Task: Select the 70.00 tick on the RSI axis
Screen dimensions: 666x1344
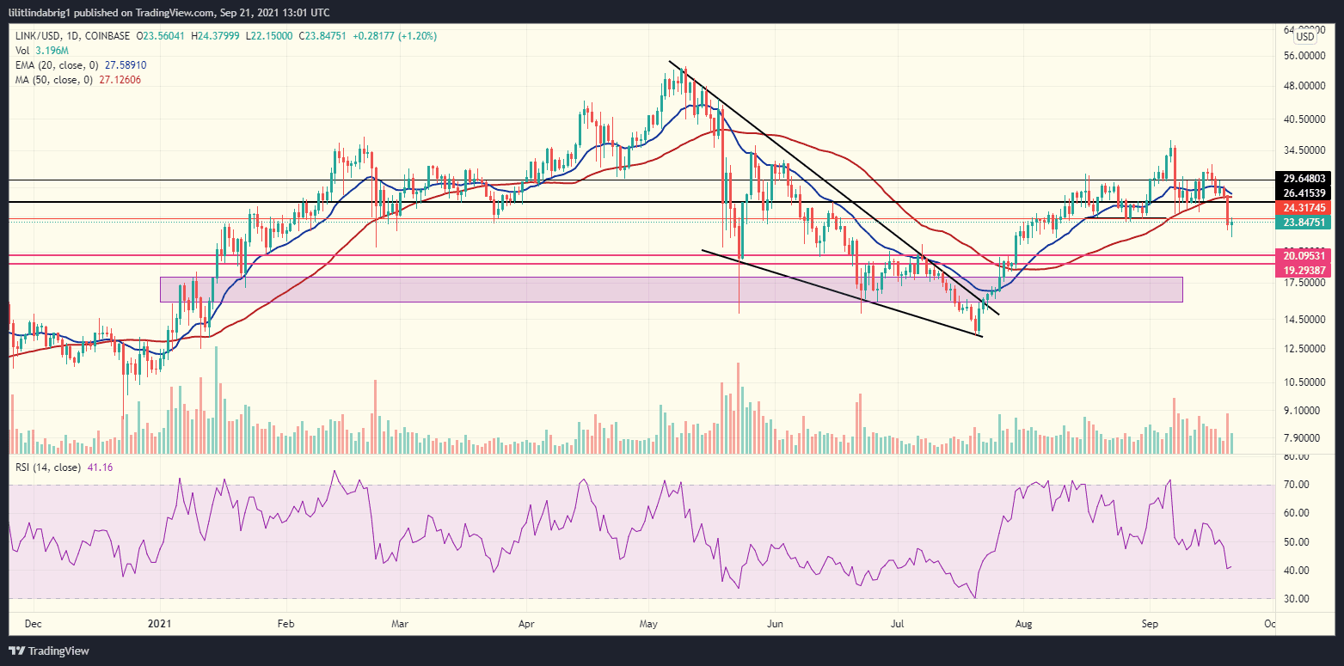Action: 1296,485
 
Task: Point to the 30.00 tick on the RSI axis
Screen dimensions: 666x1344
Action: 1296,599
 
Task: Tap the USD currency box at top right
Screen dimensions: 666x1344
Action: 1304,36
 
